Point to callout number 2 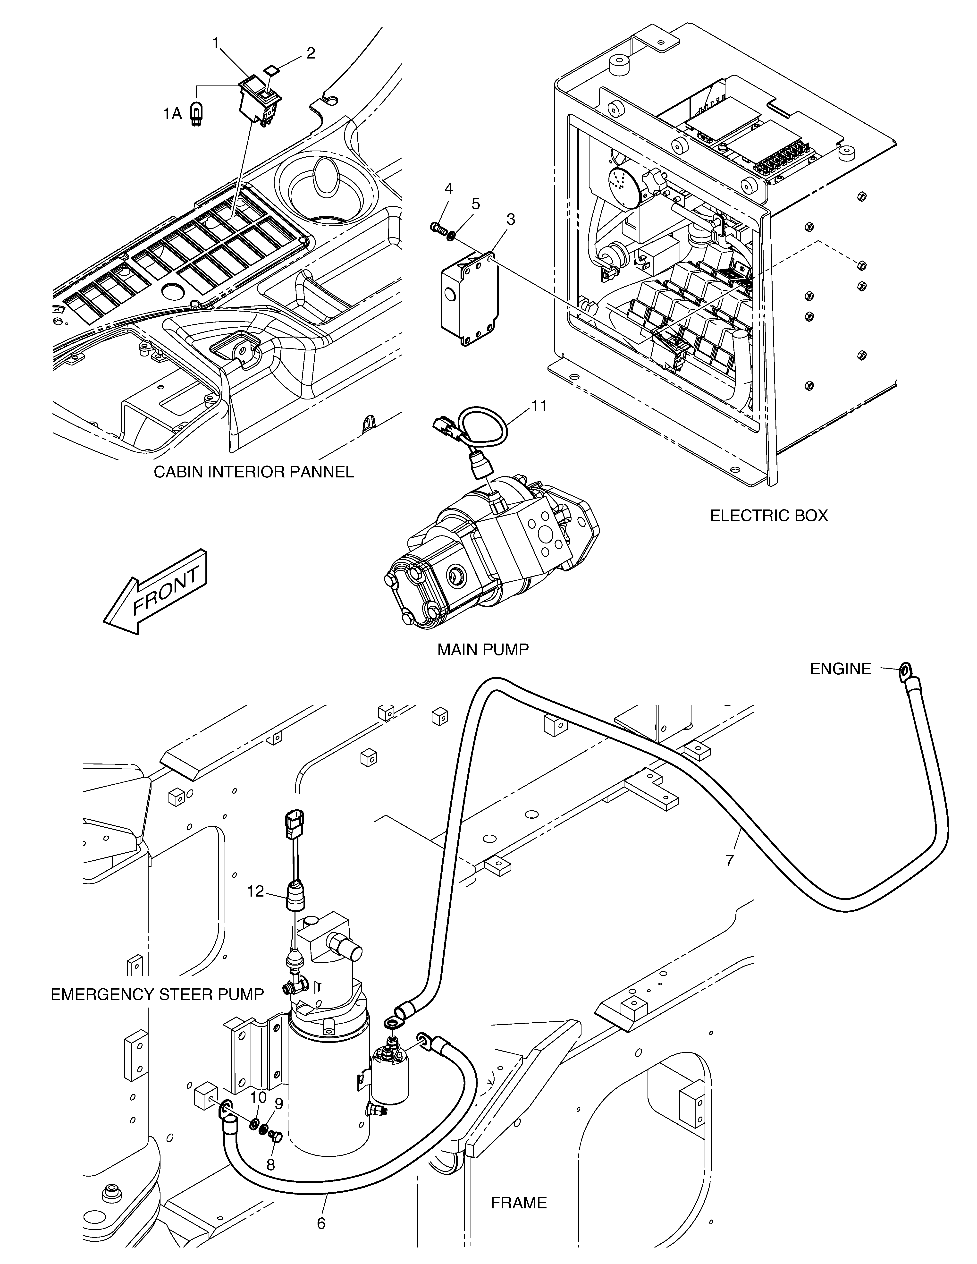point(311,53)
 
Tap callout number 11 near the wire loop point(539,406)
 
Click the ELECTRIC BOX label point(769,515)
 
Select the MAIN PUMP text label point(483,649)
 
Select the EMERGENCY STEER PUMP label point(157,994)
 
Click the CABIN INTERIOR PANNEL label point(253,472)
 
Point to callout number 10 point(258,1097)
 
